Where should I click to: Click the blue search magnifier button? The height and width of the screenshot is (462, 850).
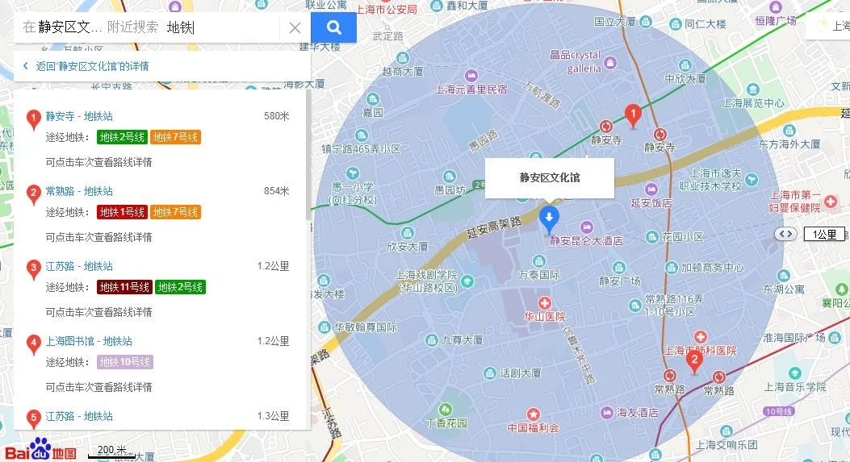(333, 28)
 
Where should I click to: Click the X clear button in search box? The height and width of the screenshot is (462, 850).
(295, 28)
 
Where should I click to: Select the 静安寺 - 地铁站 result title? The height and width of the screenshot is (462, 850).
(79, 116)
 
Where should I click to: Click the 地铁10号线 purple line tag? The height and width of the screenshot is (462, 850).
(125, 362)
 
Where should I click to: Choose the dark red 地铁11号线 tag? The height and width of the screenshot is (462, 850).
(124, 287)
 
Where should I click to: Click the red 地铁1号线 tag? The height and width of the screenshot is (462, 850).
(122, 212)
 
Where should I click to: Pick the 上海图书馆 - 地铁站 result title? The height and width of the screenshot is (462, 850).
(89, 341)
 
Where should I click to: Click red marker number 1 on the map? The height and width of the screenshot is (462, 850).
(634, 115)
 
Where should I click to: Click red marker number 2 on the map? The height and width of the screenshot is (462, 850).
(693, 362)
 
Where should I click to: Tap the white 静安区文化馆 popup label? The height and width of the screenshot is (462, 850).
(550, 177)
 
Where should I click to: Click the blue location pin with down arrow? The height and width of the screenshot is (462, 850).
(550, 217)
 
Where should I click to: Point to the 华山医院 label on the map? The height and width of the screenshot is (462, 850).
(545, 317)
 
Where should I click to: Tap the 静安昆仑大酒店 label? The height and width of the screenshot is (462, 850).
(586, 240)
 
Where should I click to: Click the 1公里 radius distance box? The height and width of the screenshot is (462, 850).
(824, 235)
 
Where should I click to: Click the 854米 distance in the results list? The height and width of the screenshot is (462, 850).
(276, 191)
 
